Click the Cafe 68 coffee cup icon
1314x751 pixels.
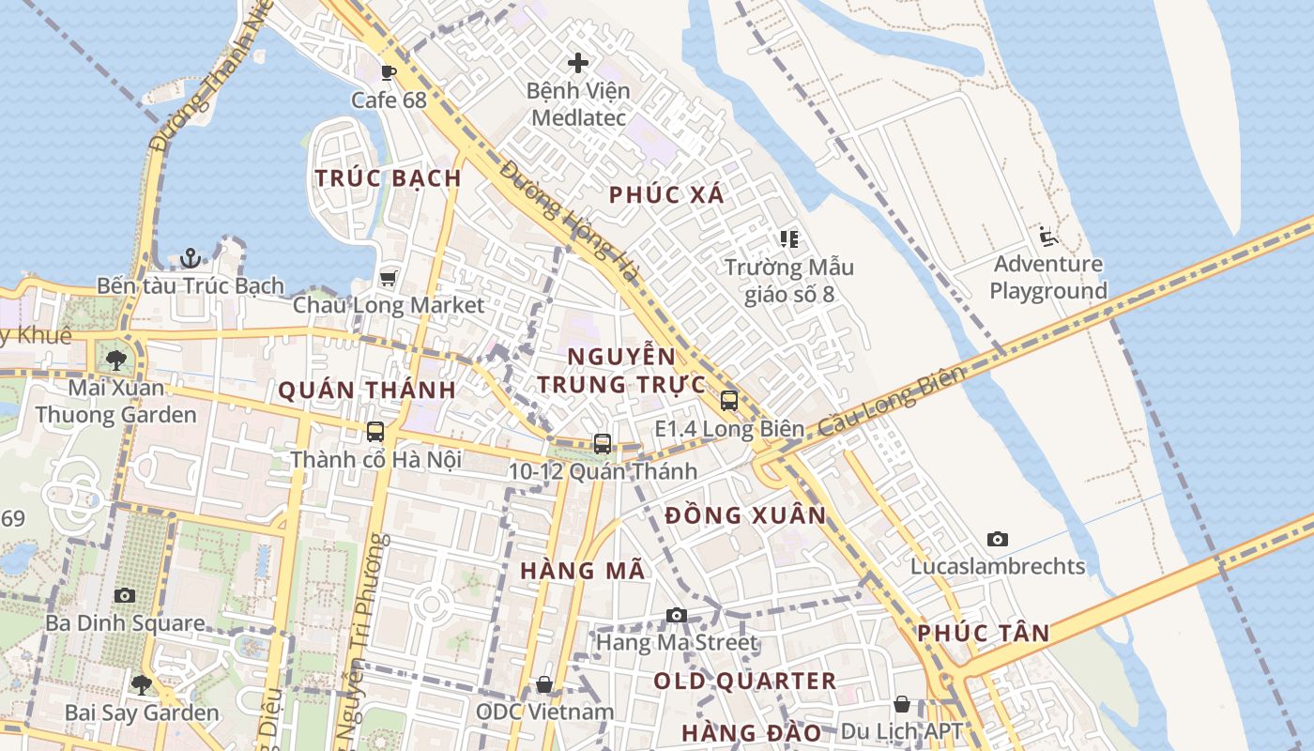389,72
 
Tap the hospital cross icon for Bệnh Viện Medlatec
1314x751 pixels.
578,63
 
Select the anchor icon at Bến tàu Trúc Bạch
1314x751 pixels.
191,257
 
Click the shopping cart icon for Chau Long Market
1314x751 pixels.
388,278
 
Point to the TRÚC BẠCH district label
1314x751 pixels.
388,178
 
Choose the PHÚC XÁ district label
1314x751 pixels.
666,195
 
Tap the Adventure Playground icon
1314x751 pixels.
1047,237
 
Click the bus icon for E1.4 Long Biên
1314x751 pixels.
729,401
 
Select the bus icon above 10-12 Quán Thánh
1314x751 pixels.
603,444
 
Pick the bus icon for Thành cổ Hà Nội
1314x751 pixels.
375,432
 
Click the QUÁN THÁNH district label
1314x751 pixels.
367,391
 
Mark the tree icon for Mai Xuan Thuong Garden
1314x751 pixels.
116,360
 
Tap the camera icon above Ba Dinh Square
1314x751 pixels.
125,595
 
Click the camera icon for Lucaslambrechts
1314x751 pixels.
998,539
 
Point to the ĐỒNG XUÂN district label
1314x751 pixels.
745,515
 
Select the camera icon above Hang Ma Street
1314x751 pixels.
676,616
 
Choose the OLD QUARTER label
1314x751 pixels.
744,682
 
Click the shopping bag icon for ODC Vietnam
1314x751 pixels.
544,685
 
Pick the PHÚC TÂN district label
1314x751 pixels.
983,634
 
